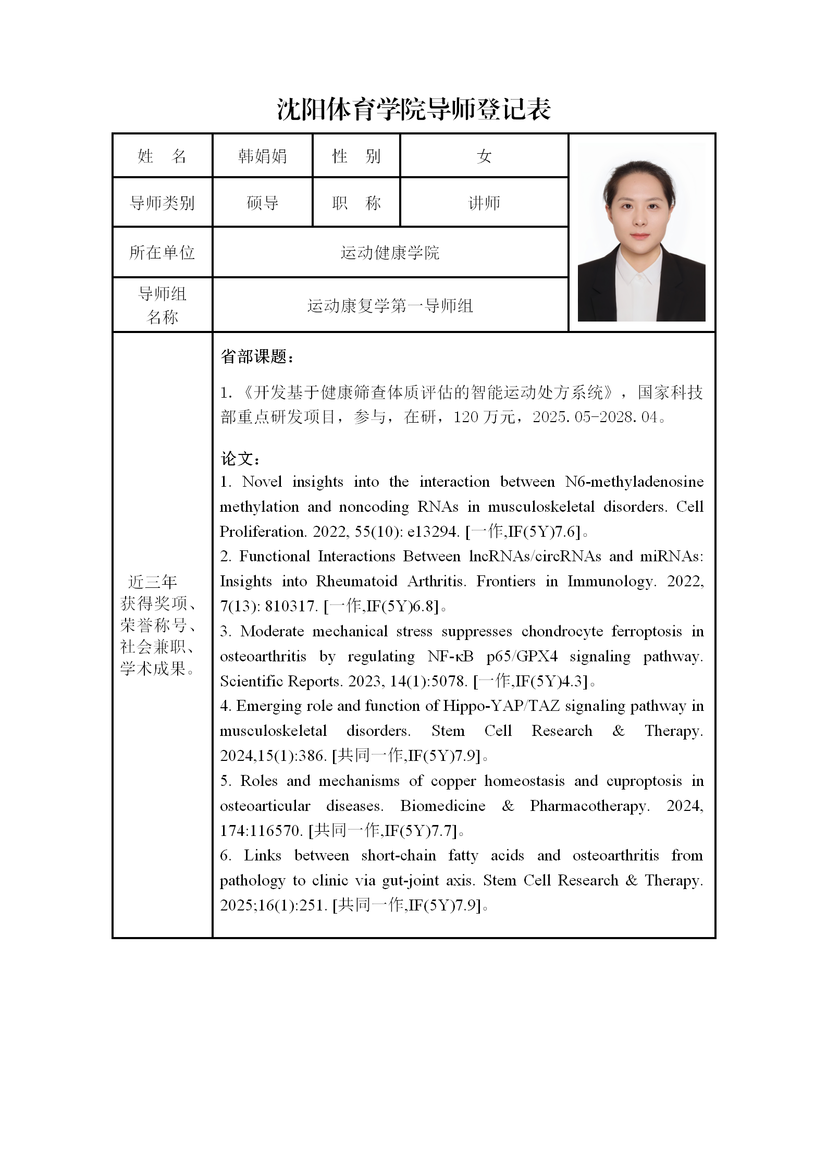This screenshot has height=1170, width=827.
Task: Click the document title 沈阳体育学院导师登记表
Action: pyautogui.click(x=413, y=109)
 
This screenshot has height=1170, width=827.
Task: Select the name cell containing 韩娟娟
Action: pyautogui.click(x=262, y=156)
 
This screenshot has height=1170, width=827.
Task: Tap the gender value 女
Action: pyautogui.click(x=484, y=156)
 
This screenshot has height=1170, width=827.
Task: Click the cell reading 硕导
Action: pyautogui.click(x=262, y=203)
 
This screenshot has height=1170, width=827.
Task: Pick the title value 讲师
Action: pyautogui.click(x=484, y=203)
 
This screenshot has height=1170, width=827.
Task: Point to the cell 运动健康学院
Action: pyautogui.click(x=390, y=253)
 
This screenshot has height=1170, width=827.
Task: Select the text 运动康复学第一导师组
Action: pyautogui.click(x=390, y=305)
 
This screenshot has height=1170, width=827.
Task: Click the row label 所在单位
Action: pyautogui.click(x=162, y=253)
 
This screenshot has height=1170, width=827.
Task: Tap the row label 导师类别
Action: pyautogui.click(x=162, y=203)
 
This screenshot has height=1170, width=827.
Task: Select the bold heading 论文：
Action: pyautogui.click(x=240, y=459)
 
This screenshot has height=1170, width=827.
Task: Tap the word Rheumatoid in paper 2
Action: pyautogui.click(x=356, y=581)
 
